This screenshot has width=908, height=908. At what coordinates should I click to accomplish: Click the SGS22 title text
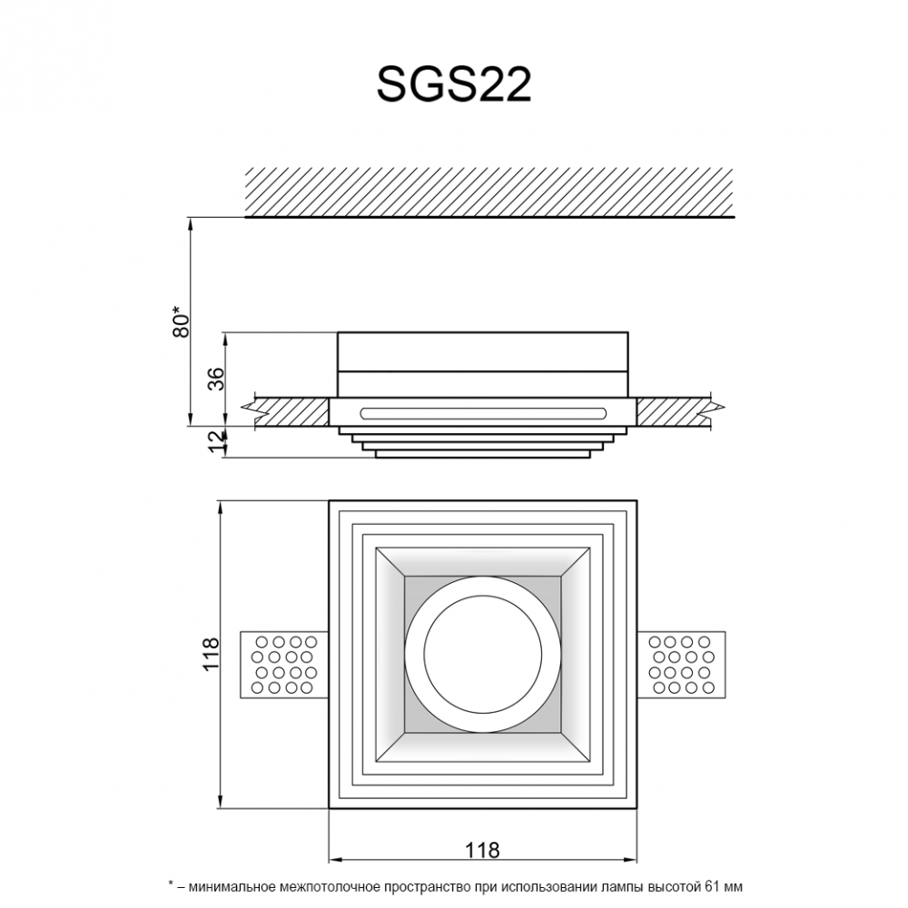[x=454, y=84]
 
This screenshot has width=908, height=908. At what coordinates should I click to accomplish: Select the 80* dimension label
[x=182, y=322]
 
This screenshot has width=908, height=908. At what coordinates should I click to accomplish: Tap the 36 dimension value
[x=215, y=379]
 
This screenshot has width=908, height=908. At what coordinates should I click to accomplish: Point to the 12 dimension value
[x=215, y=442]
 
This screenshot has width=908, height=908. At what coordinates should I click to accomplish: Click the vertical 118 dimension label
[x=211, y=654]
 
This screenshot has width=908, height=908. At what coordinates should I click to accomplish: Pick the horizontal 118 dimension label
[x=482, y=850]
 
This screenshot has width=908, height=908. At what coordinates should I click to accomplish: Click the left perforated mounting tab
[x=284, y=665]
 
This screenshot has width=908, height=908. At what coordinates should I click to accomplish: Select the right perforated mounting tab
[x=681, y=665]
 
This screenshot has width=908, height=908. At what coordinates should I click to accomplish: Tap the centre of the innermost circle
[x=483, y=654]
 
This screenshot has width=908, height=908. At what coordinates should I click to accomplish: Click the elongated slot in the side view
[x=483, y=413]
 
